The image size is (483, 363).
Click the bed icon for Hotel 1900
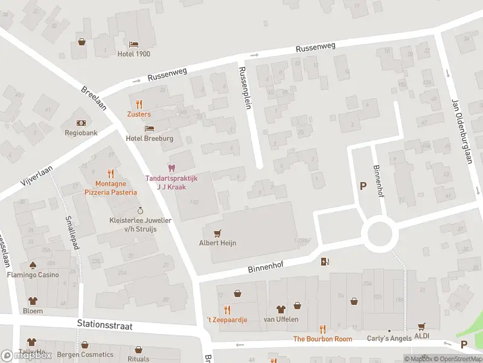[133, 44]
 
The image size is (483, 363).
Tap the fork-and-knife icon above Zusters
[139, 104]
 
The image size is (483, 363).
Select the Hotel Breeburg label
[149, 139]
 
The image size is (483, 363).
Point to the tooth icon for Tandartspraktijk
[171, 168]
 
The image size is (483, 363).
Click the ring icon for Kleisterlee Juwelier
[141, 210]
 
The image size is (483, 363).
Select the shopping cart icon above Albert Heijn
[217, 233]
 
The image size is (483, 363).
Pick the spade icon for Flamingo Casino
[33, 265]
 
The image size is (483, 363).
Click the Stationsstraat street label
[104, 325]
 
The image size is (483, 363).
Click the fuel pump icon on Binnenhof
[325, 261]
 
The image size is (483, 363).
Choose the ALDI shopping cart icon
[421, 326]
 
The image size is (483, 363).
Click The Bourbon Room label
[322, 339]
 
